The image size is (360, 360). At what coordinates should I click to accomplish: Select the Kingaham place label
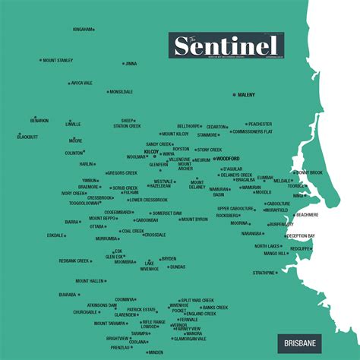click(82, 30)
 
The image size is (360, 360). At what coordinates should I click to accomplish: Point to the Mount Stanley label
click(58, 60)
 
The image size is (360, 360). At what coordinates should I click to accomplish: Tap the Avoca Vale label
click(82, 83)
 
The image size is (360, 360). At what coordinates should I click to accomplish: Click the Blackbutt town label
click(27, 137)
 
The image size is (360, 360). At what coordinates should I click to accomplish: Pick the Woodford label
click(228, 159)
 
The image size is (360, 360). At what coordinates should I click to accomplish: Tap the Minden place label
click(156, 352)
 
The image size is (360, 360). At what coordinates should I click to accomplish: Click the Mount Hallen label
click(90, 281)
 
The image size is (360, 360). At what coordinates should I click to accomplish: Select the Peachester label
click(260, 124)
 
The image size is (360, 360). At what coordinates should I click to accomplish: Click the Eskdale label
click(55, 235)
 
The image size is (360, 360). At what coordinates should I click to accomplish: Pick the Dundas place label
click(177, 267)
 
